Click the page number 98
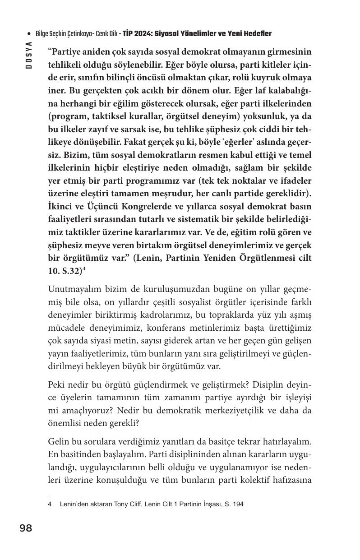click(x=26, y=528)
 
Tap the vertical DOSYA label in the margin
click(x=29, y=55)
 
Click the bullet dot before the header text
click(x=29, y=34)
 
